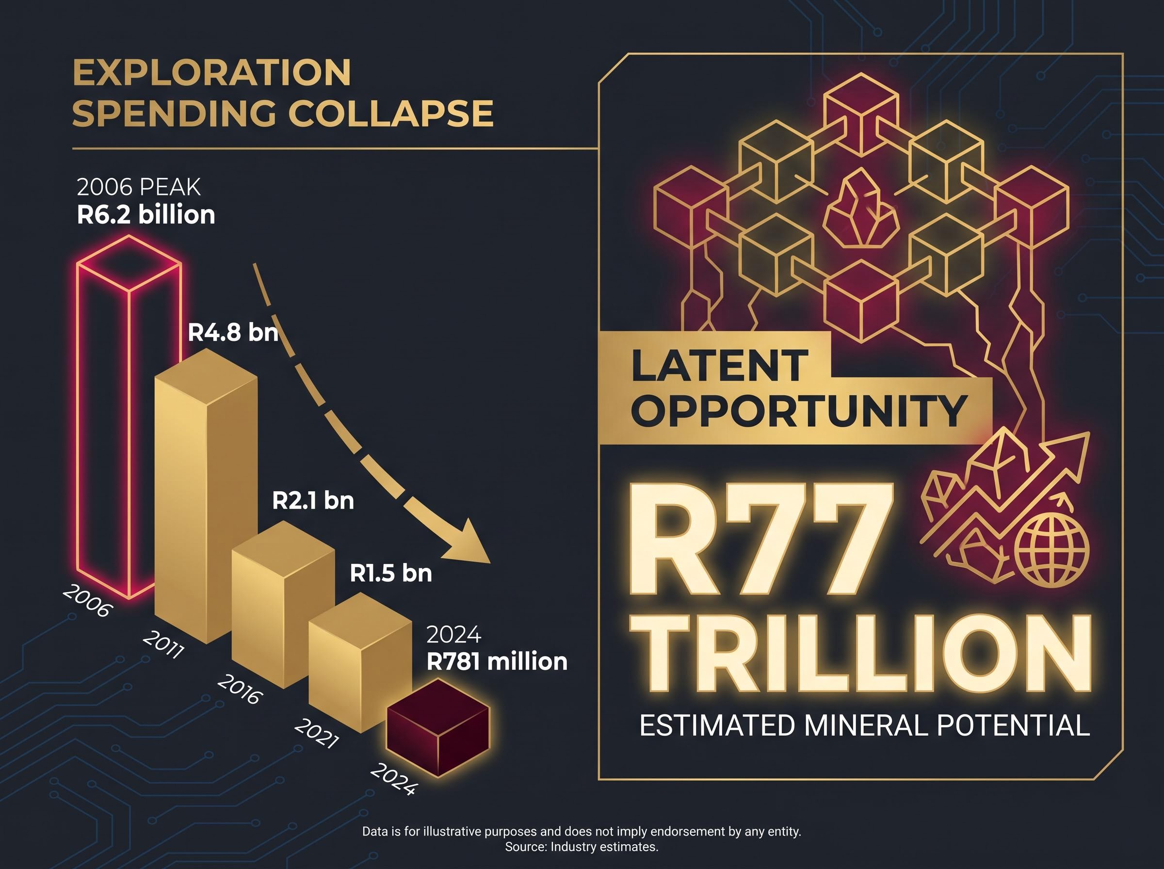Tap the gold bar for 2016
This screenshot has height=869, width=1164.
coord(283,605)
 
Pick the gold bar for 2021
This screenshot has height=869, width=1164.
coord(360,663)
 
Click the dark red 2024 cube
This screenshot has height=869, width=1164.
coord(437,728)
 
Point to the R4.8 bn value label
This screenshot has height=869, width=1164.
coord(233,333)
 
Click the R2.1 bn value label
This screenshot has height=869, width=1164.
coord(313,500)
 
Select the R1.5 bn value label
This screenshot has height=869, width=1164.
coord(391,573)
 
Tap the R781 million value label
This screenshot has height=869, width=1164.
coord(497,661)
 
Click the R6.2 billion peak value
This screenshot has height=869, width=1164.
coord(146,215)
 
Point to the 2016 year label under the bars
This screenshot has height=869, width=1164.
coord(239,690)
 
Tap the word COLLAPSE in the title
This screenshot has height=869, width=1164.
coord(391,113)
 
